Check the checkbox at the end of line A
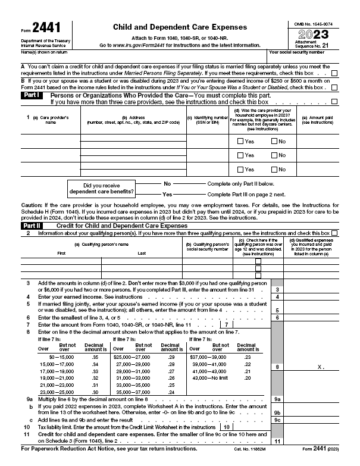[334, 73]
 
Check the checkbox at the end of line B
[334, 87]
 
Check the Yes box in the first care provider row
[240, 141]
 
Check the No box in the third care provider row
[274, 170]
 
